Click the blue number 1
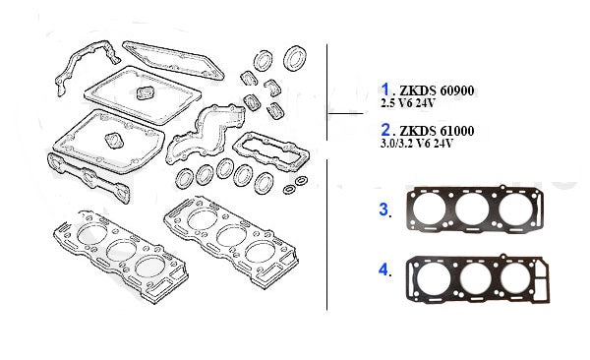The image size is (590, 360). [384, 90]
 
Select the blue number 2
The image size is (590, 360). [385, 130]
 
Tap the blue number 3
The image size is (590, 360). [383, 210]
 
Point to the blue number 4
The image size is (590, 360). [383, 270]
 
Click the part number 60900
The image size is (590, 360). [457, 90]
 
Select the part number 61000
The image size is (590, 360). [457, 131]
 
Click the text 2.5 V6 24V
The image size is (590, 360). [407, 103]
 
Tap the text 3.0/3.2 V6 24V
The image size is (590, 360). [417, 144]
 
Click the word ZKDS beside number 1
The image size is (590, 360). [417, 90]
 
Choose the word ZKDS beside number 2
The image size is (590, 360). [417, 131]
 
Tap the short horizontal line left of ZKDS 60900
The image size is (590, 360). [346, 112]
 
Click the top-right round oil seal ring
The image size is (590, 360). [295, 58]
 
